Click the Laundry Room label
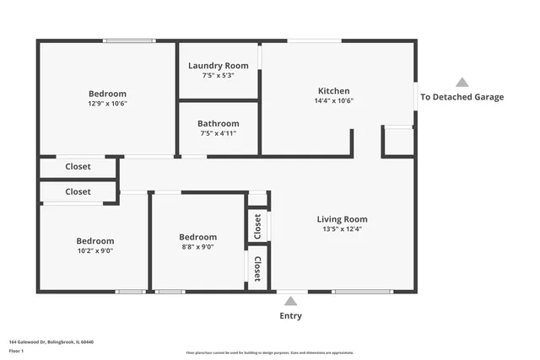tap(218, 66)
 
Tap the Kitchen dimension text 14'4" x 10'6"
tap(333, 100)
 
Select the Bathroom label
tap(218, 123)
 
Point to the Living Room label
tap(342, 219)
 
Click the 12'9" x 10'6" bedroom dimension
tap(107, 104)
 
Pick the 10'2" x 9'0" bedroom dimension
tap(94, 250)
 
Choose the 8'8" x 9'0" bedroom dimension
tap(197, 247)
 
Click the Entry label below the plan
tap(290, 316)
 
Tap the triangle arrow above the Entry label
tap(290, 301)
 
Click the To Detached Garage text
tap(462, 97)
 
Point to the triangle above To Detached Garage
tap(462, 83)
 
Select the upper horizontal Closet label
tap(78, 167)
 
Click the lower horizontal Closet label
tap(78, 192)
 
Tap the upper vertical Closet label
tap(257, 225)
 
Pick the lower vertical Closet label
tap(257, 267)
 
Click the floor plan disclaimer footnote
tap(269, 352)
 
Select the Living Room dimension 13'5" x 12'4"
tap(342, 228)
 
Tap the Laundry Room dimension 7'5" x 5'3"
tap(218, 75)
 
